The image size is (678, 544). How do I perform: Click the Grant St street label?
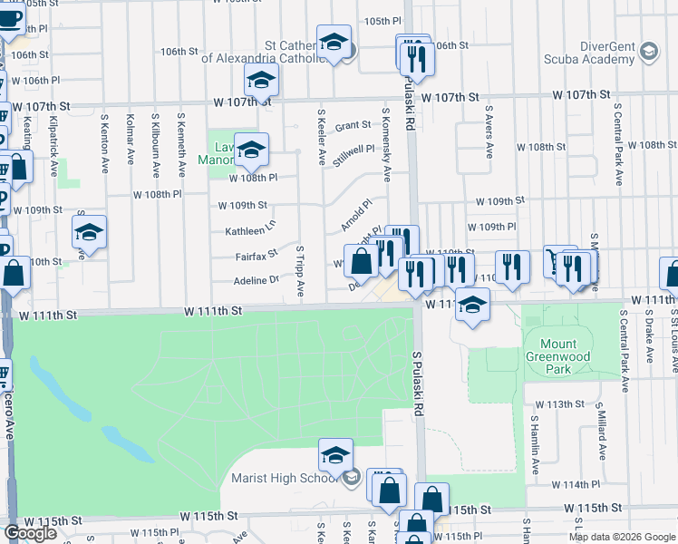pyautogui.click(x=353, y=126)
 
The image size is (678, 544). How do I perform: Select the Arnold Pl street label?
pyautogui.click(x=355, y=215)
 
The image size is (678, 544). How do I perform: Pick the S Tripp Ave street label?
pyautogui.click(x=300, y=270)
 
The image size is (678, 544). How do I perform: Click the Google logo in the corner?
pyautogui.click(x=30, y=533)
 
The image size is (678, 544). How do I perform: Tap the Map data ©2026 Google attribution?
pyautogui.click(x=622, y=537)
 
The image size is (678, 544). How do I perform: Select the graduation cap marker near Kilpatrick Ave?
pyautogui.click(x=89, y=233)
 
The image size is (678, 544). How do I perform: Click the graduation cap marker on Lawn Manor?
pyautogui.click(x=251, y=150)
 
